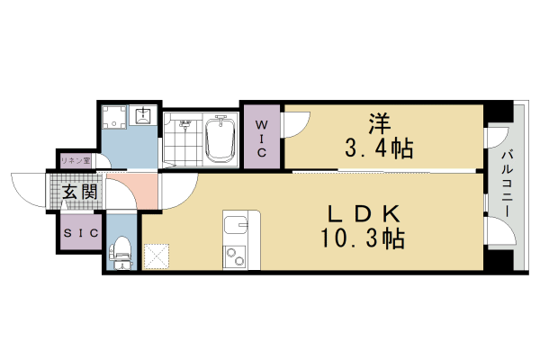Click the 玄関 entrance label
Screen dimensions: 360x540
tap(80, 192)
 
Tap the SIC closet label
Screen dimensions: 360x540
tap(79, 232)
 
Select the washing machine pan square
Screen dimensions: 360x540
tap(115, 118)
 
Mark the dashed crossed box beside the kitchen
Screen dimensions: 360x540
tap(157, 256)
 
